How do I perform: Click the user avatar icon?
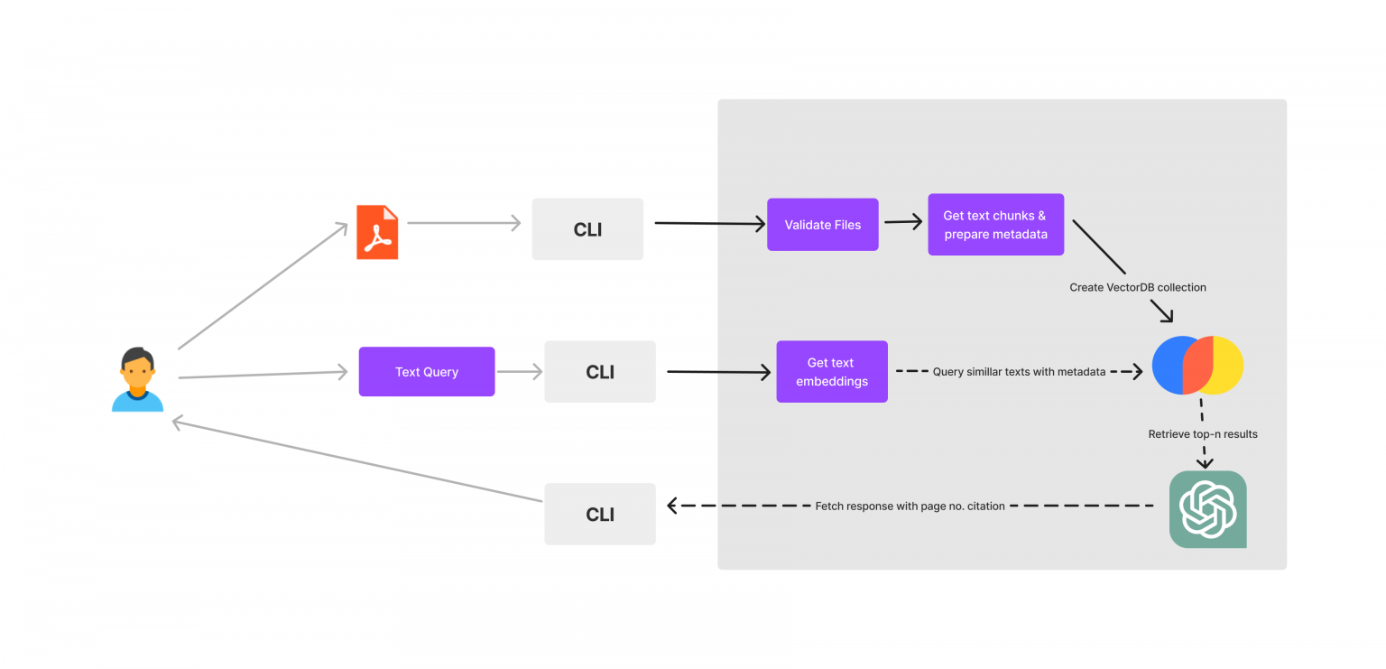[x=137, y=379]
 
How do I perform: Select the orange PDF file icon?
[x=377, y=232]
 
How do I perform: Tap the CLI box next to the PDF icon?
[x=587, y=229]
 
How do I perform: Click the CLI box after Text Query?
[x=600, y=372]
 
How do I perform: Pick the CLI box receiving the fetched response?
[x=600, y=514]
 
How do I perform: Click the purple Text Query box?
[x=427, y=372]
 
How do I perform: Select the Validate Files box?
[x=822, y=225]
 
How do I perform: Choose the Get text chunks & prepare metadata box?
[x=995, y=225]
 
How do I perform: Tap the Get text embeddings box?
[x=832, y=372]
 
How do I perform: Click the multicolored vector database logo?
[x=1197, y=366]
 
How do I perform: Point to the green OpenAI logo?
[x=1207, y=509]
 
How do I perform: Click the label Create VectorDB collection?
[x=1138, y=287]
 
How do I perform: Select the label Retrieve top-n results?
[x=1203, y=434]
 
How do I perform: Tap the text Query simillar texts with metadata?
[x=1019, y=372]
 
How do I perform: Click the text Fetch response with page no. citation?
[x=910, y=506]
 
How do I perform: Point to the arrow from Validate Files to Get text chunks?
[x=902, y=222]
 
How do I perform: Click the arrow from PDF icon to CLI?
[x=464, y=223]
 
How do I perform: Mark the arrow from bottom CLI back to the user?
[x=356, y=460]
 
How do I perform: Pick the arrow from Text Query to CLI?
[x=519, y=371]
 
